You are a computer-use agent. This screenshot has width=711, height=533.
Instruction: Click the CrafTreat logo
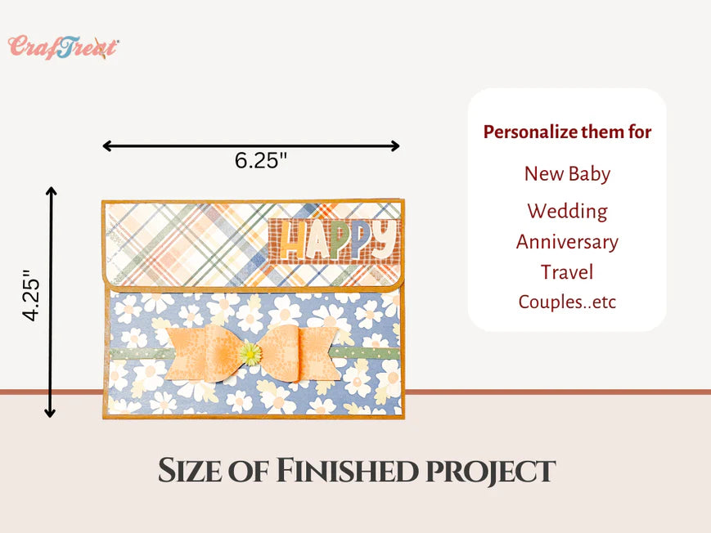pos(64,47)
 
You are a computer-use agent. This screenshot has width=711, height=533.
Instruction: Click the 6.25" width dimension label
pos(261,160)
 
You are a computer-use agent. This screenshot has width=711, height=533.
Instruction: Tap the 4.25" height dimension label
pos(32,295)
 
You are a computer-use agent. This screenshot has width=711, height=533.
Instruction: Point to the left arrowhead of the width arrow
pos(107,146)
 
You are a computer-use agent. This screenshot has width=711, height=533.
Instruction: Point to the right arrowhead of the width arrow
pos(395,146)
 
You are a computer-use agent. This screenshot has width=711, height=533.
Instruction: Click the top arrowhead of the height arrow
pos(51,191)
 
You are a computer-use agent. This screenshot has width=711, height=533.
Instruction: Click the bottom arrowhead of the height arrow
pos(50,413)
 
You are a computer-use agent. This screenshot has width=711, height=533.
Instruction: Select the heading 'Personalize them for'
pos(567,132)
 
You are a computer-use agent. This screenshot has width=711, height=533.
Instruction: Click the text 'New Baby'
pos(567,173)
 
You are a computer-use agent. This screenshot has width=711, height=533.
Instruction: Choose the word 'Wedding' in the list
pos(567,212)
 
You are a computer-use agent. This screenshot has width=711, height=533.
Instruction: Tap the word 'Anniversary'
pos(567,242)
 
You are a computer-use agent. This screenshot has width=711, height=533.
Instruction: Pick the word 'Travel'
pos(567,272)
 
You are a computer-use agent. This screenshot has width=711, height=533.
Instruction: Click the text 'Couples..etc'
pos(567,302)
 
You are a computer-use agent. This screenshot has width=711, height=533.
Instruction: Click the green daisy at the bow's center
pos(250,354)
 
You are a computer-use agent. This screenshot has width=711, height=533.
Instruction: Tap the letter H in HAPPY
pos(291,240)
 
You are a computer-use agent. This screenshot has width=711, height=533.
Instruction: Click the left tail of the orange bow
pos(187,353)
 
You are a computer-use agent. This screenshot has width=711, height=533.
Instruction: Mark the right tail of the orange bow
pos(318,354)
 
